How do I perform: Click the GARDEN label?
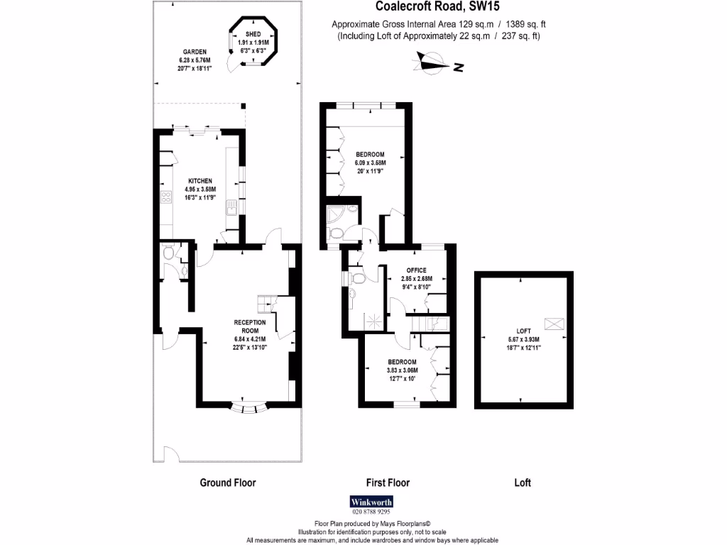(194, 52)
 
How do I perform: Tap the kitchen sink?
(231, 208)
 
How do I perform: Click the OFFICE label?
(416, 270)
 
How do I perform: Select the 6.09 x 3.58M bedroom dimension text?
(371, 163)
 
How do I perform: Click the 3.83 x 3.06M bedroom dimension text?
(402, 370)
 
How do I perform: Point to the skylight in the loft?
(554, 324)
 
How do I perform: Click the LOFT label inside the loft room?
(523, 331)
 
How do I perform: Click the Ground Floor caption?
(227, 483)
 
